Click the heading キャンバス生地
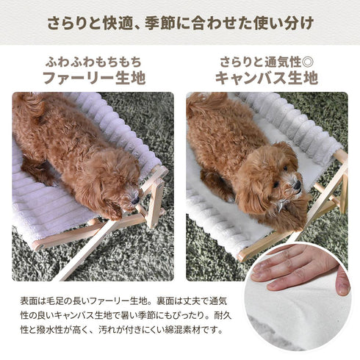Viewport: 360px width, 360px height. (266, 77)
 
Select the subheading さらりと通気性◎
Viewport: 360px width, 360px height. (266, 60)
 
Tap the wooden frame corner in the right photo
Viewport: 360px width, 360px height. (339, 156)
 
